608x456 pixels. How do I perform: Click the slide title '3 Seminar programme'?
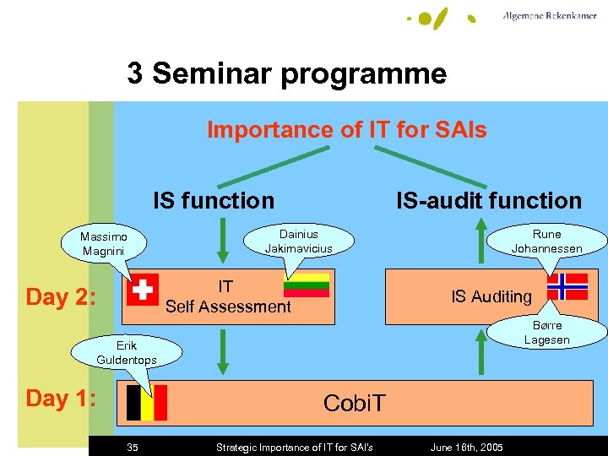tap(287, 74)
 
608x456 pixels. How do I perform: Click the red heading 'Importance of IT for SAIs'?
tap(347, 130)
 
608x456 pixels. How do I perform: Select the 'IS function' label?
tap(214, 201)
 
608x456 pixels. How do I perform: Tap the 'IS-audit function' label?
tap(489, 201)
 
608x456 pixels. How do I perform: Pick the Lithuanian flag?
tap(307, 285)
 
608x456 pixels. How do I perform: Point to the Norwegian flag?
tap(567, 287)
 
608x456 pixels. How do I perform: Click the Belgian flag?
tap(146, 402)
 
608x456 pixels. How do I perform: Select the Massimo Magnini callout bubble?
tap(103, 245)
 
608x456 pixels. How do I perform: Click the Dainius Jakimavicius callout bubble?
tap(298, 241)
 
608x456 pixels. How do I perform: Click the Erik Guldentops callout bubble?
tap(127, 353)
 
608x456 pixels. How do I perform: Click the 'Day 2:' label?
tap(61, 297)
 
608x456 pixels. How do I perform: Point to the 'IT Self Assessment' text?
tap(227, 297)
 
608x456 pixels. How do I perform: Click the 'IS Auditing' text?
tap(491, 296)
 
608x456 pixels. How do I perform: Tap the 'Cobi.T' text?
tap(354, 404)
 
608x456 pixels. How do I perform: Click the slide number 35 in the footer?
tap(133, 447)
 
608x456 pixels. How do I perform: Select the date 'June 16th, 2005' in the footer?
tap(466, 447)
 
